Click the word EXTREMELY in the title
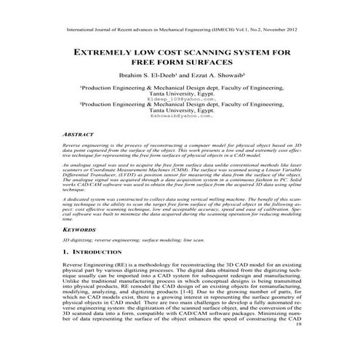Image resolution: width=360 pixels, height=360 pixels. click(105, 55)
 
